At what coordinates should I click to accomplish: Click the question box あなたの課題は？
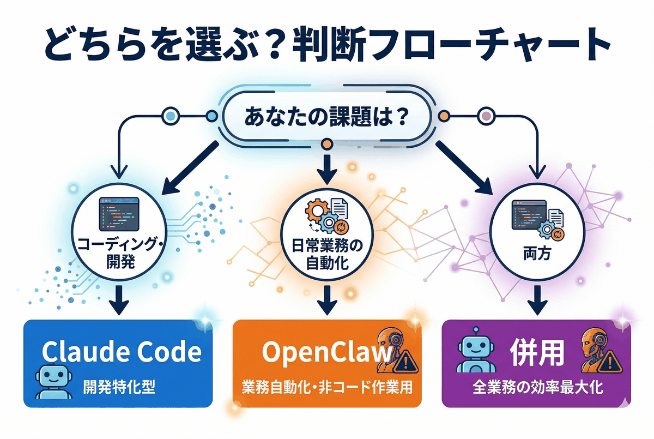[326, 118]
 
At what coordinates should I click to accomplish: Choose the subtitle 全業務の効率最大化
[536, 388]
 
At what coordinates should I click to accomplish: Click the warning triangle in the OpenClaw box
[403, 359]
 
